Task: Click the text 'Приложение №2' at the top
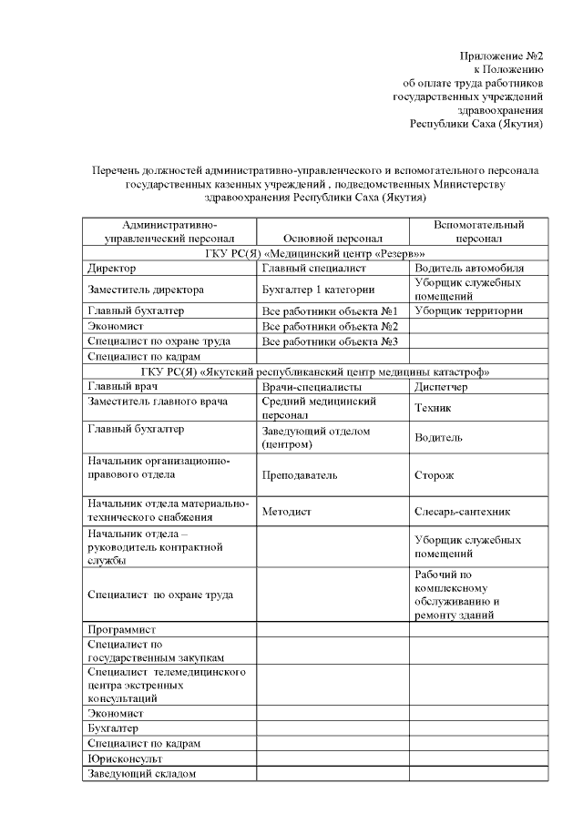501,56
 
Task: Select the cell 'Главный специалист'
313,269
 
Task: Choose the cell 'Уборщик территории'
468,310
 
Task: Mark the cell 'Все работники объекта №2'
332,326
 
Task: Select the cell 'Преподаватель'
300,474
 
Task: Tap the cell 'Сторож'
435,474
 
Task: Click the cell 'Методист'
286,512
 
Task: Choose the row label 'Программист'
121,629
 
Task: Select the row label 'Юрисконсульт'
124,758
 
